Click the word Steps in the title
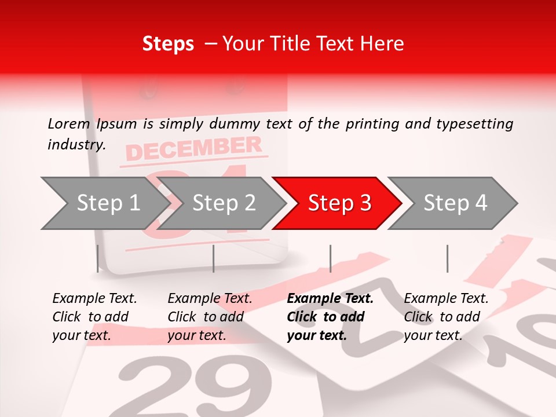(168, 44)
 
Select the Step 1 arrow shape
(104, 203)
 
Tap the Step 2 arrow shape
(223, 203)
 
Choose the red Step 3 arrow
(339, 203)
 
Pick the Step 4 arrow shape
(455, 203)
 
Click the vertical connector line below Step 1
(98, 258)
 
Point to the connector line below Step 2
(214, 258)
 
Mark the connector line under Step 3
(330, 258)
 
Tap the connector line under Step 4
(447, 258)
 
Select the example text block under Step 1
(94, 317)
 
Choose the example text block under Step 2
(210, 317)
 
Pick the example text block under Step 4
(446, 317)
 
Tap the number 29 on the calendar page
(185, 387)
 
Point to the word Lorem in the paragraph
(69, 123)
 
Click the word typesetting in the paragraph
(471, 123)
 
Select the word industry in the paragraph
(76, 145)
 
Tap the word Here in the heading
(383, 44)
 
